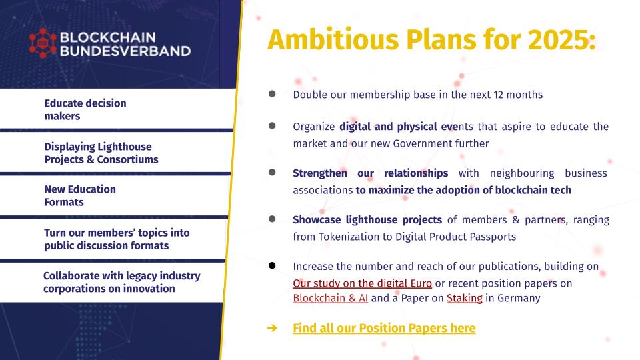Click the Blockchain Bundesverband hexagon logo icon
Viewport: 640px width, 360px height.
[x=43, y=43]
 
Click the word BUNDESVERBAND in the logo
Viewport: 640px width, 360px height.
[x=125, y=51]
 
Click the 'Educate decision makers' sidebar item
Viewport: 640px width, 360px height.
[x=85, y=109]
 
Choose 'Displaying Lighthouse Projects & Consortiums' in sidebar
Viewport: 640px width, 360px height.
[x=101, y=153]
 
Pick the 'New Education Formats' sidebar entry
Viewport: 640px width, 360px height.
[x=80, y=195]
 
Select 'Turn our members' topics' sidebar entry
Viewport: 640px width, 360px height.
[x=117, y=239]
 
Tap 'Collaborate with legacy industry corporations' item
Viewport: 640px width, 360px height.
[x=121, y=282]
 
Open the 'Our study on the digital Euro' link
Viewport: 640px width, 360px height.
[x=363, y=283]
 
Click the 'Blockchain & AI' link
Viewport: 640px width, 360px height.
[x=331, y=298]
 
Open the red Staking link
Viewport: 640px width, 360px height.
[x=465, y=299]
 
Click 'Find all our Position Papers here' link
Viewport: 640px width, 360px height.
[x=384, y=328]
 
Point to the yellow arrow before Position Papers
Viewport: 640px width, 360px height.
[x=272, y=328]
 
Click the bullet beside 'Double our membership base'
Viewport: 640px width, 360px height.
[x=272, y=94]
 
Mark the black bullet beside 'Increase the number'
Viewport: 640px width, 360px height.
[x=272, y=266]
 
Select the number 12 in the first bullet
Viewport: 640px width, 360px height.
[x=499, y=95]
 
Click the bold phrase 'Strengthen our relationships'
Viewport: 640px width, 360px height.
[x=370, y=173]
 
